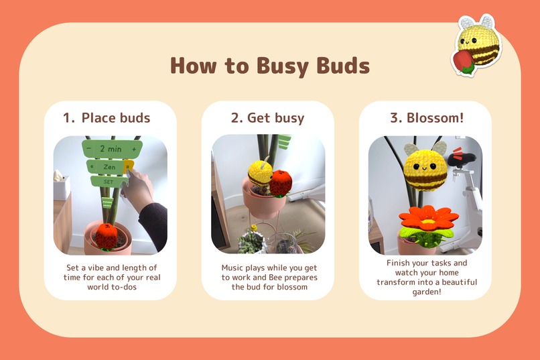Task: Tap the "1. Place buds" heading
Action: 107,118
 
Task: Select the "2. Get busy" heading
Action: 267,118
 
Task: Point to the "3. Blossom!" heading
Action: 426,118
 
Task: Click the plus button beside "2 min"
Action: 135,148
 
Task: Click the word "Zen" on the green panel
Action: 109,166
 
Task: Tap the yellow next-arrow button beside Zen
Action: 129,166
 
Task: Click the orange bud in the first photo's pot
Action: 107,235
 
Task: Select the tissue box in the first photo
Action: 61,188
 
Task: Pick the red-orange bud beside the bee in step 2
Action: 281,182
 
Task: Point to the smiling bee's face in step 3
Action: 425,163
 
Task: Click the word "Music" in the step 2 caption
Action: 234,267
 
